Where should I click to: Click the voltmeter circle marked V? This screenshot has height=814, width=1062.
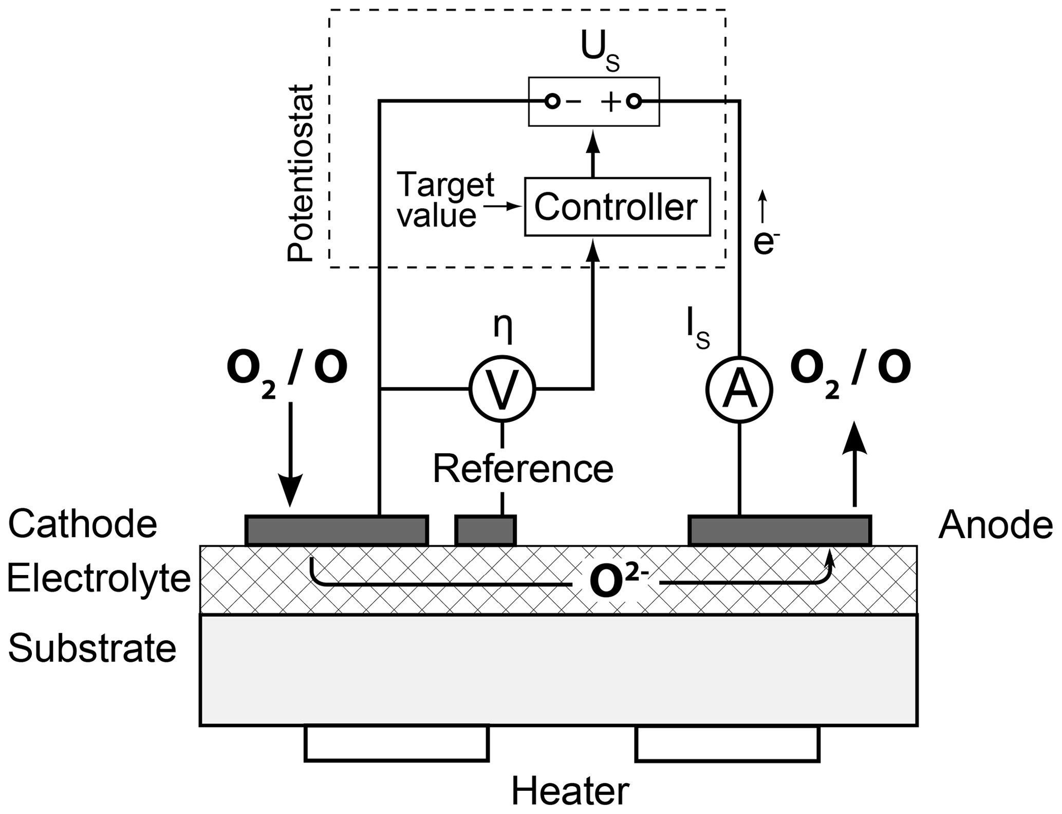502,389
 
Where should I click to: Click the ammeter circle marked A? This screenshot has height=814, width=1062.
739,390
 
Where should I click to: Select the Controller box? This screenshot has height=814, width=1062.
617,207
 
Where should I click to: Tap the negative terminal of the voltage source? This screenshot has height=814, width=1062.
552,101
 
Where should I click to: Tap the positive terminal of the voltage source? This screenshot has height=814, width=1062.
635,102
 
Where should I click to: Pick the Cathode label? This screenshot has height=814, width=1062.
82,524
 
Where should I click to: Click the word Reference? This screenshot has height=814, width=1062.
523,469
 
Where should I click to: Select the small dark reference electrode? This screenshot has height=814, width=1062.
486,530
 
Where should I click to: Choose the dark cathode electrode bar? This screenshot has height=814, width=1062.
337,530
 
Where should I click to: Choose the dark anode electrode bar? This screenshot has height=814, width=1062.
779,530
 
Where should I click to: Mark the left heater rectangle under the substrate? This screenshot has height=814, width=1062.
397,743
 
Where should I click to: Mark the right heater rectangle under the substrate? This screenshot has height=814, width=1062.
727,743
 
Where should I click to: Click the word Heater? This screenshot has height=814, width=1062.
570,792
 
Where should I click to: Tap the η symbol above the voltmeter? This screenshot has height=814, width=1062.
503,325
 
